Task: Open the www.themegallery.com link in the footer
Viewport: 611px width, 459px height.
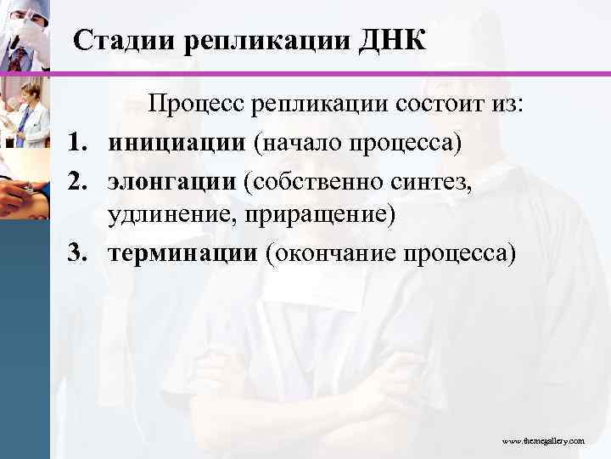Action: (x=542, y=442)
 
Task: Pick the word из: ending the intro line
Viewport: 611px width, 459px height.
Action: (x=507, y=105)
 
